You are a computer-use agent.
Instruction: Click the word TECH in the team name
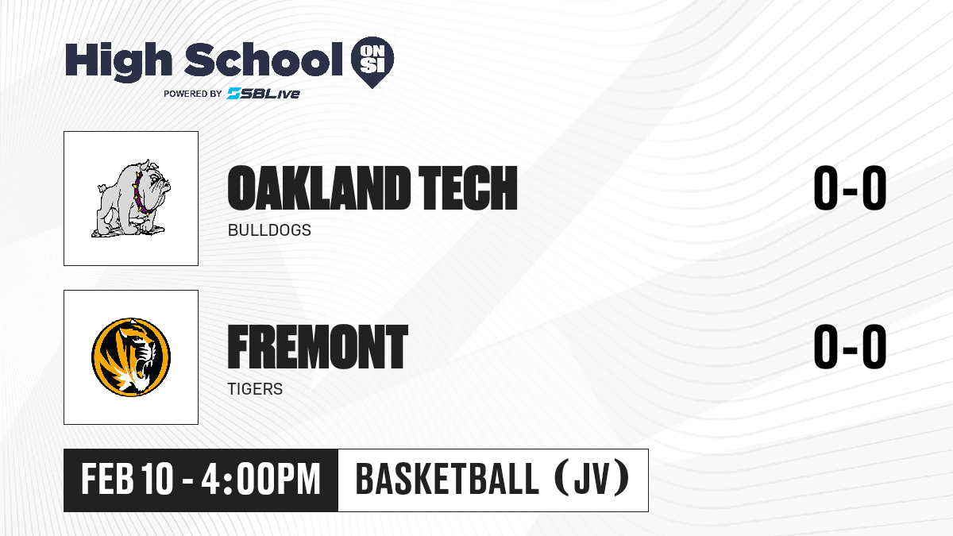[468, 188]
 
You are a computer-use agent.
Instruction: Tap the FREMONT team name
[318, 347]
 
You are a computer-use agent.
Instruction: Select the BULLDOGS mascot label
[269, 230]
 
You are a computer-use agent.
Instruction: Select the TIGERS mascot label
[255, 389]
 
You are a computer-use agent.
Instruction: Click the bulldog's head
[152, 181]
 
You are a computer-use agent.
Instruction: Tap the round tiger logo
[131, 357]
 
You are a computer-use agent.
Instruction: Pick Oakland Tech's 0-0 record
[850, 188]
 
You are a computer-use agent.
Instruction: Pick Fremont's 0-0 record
[850, 347]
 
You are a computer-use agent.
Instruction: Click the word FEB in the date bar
[107, 480]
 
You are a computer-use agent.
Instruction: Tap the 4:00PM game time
[260, 480]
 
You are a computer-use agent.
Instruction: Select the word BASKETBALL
[447, 480]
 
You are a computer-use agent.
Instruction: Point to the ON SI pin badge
[372, 62]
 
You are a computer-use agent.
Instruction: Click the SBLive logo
[264, 94]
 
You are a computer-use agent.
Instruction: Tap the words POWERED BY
[193, 94]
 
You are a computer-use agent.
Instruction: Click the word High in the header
[118, 61]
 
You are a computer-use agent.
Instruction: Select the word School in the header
[264, 60]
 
